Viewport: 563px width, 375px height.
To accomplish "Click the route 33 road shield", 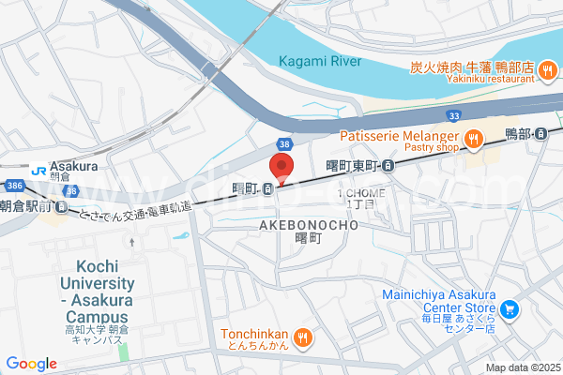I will [454, 115].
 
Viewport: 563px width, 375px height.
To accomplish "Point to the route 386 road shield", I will [12, 187].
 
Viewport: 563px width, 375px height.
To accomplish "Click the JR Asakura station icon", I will [38, 171].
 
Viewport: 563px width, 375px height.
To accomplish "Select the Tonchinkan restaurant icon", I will [302, 337].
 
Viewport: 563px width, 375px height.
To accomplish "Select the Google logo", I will [31, 364].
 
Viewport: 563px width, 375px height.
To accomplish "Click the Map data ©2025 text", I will [522, 367].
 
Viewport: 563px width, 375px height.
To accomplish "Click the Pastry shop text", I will [430, 148].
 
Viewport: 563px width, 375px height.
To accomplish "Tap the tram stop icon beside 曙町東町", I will [388, 166].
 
